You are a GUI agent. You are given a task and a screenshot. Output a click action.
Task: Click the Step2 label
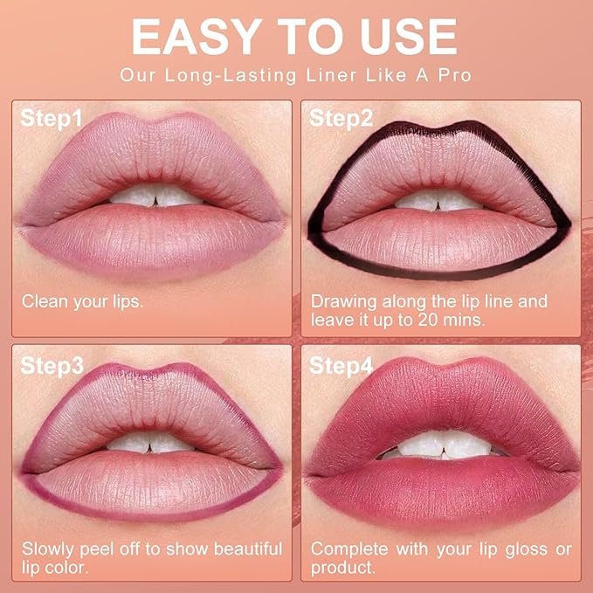[341, 119]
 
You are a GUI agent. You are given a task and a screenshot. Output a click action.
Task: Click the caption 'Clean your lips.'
[82, 302]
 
